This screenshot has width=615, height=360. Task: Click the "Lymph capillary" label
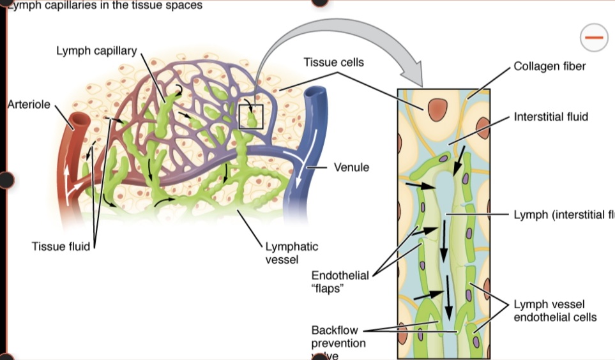pos(96,51)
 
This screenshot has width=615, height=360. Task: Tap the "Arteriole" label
pos(28,104)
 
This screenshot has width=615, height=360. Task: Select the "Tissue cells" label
pos(333,63)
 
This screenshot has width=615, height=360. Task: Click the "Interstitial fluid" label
pos(550,117)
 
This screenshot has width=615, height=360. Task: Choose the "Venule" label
pos(351,167)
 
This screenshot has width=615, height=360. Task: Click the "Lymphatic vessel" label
pos(291,252)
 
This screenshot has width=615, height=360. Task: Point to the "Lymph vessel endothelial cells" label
pos(555,310)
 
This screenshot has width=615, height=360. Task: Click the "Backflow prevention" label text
pos(338,336)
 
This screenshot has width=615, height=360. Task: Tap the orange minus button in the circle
pos(593,38)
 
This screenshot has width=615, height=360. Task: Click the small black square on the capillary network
pos(250,116)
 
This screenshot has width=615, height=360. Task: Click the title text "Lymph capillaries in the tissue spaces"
pos(105,6)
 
